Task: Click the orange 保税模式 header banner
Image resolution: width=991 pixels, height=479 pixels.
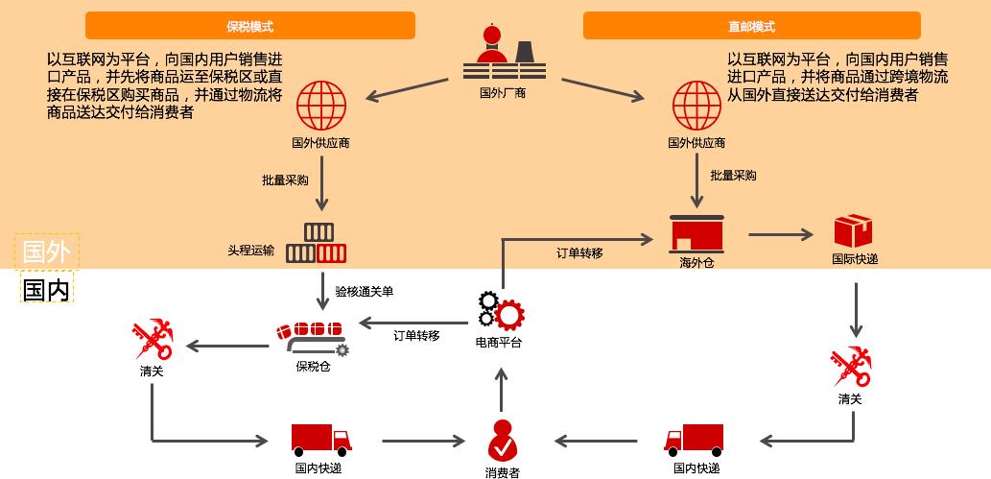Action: tap(249, 26)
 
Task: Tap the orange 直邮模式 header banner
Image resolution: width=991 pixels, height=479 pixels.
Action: tap(751, 26)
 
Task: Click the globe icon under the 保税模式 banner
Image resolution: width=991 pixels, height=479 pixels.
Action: tap(321, 106)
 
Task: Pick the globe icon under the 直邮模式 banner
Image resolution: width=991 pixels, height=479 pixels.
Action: tap(696, 106)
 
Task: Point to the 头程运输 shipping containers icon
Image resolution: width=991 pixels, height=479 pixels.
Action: tap(317, 244)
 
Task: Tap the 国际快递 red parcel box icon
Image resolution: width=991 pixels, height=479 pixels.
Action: tap(853, 231)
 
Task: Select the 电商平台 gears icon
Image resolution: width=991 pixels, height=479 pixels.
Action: tap(501, 310)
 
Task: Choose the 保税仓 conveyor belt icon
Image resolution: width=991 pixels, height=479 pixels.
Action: tap(311, 337)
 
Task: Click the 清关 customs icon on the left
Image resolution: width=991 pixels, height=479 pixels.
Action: tap(152, 341)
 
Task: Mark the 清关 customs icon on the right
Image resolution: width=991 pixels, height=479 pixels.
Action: tap(850, 368)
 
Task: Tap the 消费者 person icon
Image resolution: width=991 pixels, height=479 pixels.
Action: tap(502, 441)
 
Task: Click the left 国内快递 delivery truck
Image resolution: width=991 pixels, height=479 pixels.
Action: tap(320, 440)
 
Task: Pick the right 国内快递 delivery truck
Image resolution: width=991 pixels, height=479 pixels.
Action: tap(694, 440)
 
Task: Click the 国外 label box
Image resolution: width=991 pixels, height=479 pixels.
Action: tap(47, 251)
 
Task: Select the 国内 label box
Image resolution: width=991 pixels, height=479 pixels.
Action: tap(47, 289)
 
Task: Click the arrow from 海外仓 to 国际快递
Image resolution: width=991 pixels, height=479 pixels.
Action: tap(781, 233)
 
